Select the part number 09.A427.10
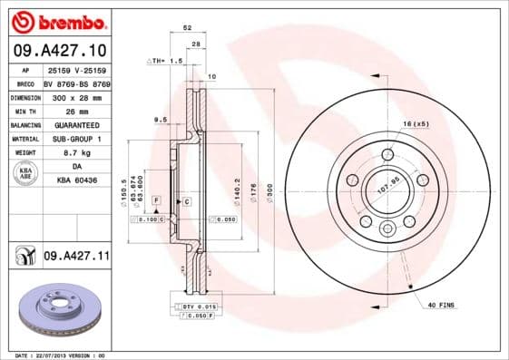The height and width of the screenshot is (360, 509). click(59, 49)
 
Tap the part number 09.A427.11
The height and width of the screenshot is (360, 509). click(76, 258)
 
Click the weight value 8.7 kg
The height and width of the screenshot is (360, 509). click(76, 153)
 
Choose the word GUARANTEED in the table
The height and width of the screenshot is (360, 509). click(76, 124)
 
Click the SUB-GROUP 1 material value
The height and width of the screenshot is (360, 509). click(76, 139)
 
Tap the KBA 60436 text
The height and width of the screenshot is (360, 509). click(76, 181)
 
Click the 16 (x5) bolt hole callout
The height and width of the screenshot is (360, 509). click(416, 122)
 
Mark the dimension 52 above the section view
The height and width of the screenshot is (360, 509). click(188, 29)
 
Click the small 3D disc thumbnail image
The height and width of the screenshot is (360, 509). click(57, 311)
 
